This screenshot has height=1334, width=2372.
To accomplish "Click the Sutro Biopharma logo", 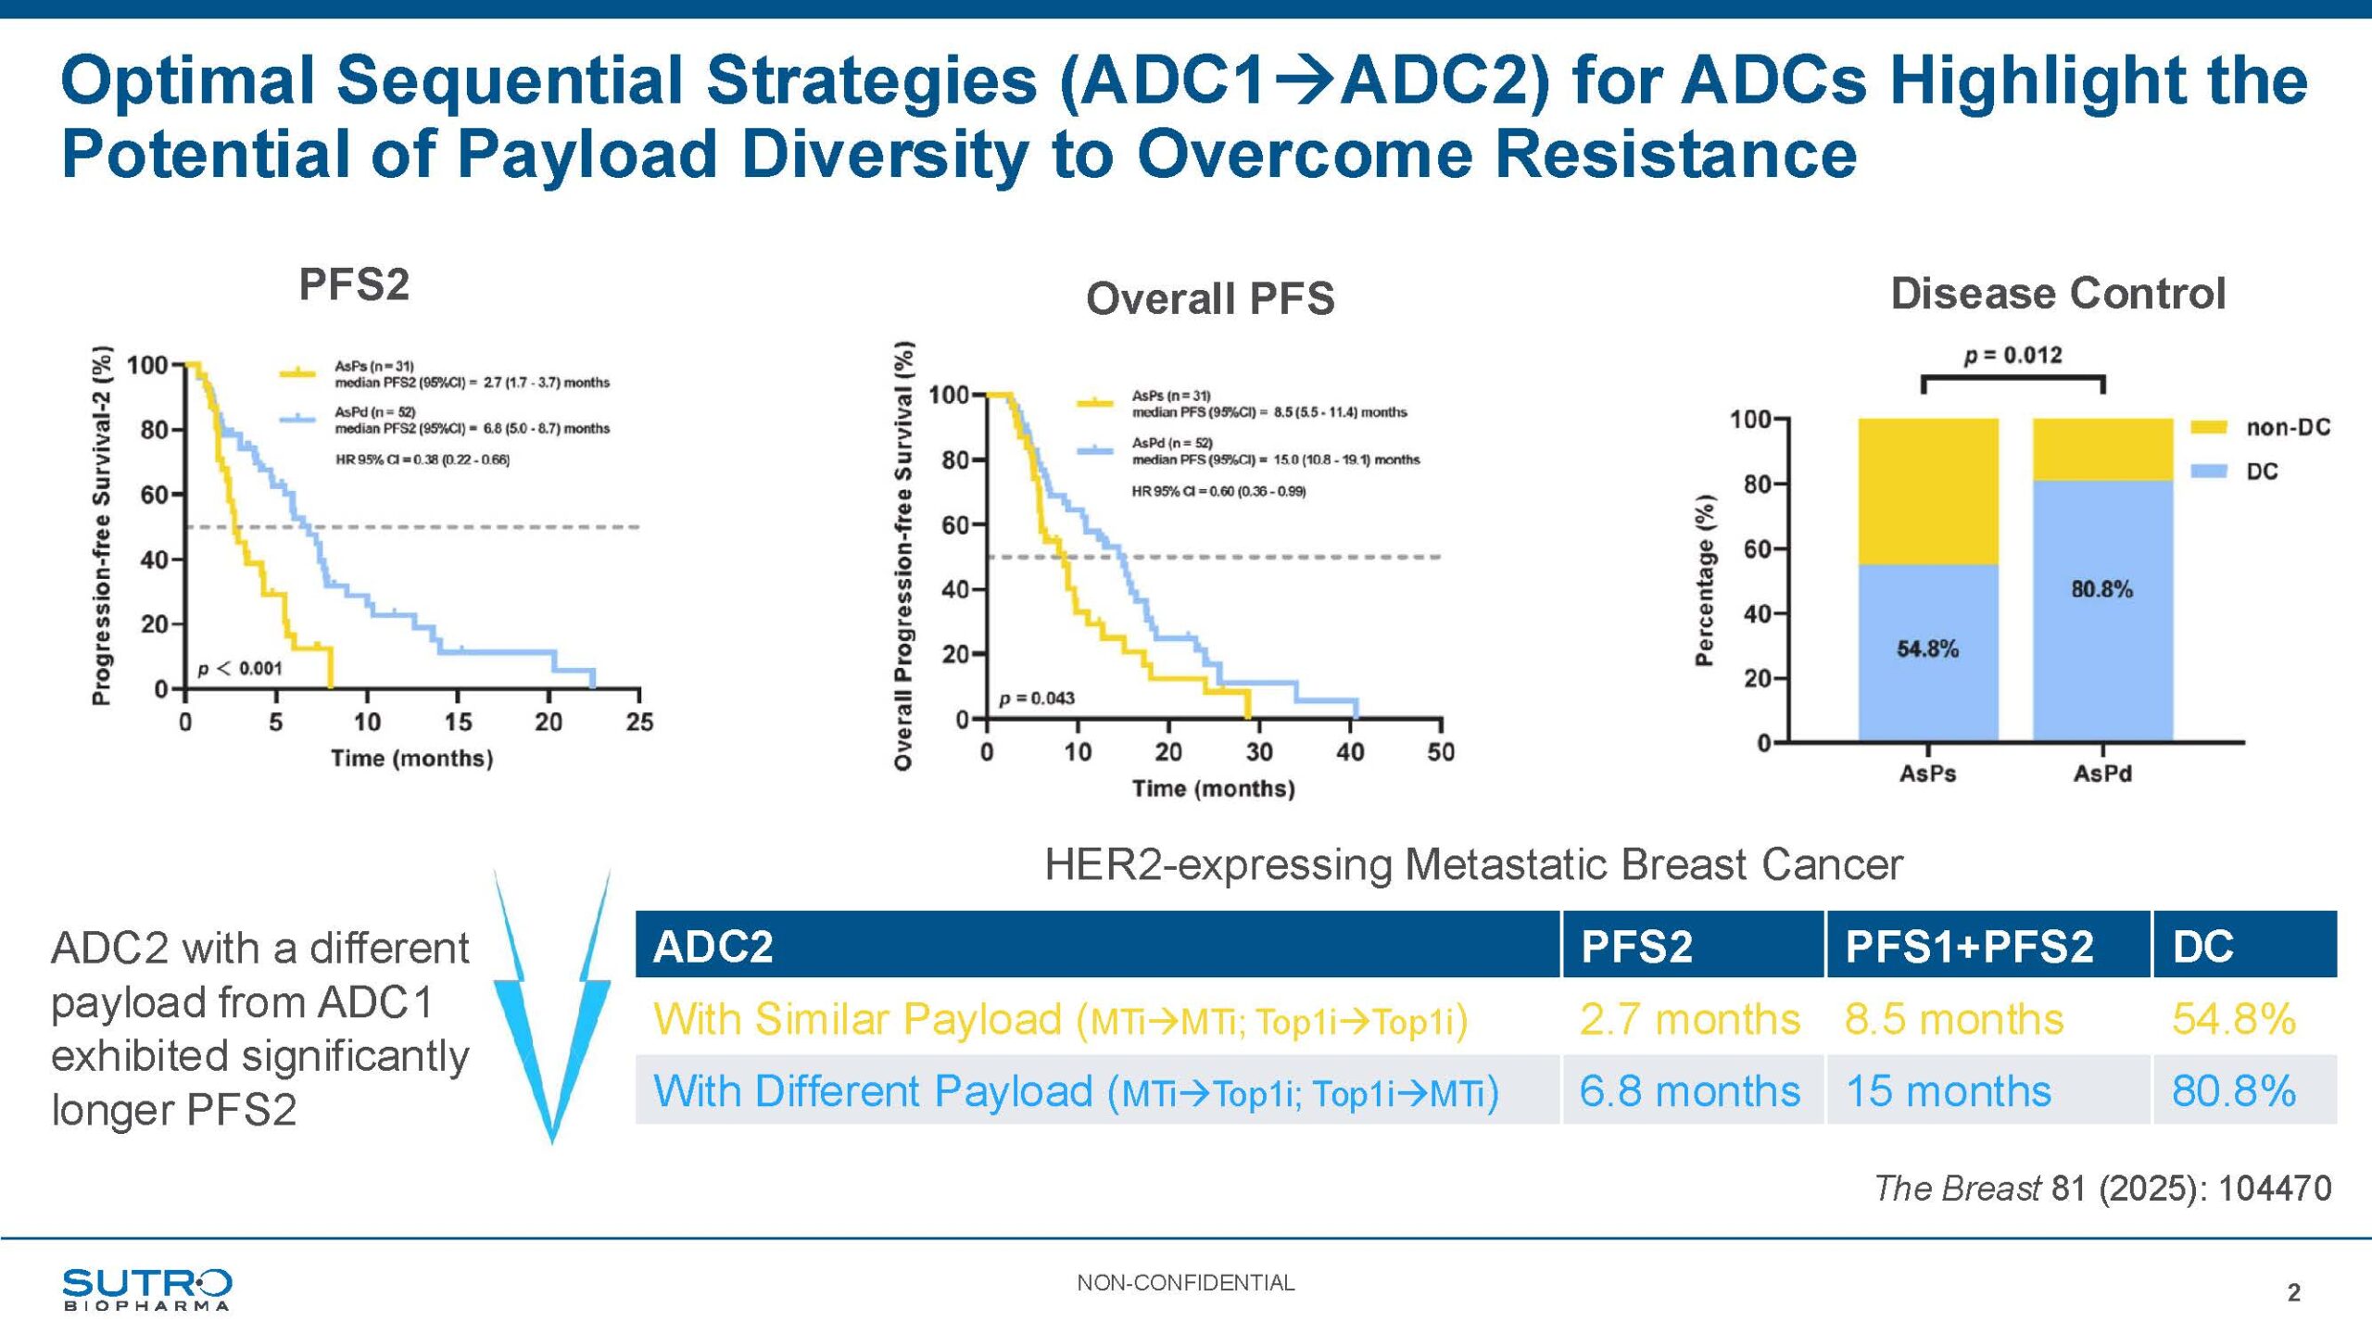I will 146,1289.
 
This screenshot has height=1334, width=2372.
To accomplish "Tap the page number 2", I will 2293,1292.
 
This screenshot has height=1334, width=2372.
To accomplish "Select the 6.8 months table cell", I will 1689,1090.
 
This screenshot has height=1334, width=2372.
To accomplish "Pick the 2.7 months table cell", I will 1689,1019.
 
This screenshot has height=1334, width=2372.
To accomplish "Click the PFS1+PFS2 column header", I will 1969,946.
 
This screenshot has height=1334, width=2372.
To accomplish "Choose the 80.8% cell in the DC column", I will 2233,1090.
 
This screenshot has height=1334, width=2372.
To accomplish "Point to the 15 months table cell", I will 1949,1090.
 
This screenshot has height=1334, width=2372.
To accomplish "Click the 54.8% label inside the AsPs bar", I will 1927,648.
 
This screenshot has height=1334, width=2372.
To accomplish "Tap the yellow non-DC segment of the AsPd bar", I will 2102,449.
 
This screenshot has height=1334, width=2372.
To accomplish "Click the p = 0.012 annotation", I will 2012,356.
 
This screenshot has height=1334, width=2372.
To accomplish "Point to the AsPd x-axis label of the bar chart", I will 2102,773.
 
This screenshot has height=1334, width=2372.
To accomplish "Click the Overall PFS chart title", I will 1210,298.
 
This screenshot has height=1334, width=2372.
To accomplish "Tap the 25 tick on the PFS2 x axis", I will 639,722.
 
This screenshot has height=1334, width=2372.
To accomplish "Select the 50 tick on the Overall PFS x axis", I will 1440,751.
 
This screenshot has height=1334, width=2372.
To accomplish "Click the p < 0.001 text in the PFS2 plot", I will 240,668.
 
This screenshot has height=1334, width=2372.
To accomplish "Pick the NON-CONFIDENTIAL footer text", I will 1185,1282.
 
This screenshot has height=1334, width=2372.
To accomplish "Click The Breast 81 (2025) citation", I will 2102,1188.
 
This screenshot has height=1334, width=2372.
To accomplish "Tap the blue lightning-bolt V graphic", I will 552,1010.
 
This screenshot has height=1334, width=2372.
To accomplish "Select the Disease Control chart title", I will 2058,294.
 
